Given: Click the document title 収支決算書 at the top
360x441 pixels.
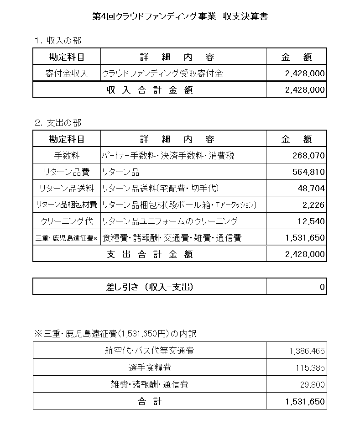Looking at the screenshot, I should (180, 17).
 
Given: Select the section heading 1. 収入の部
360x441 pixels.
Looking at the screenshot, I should (58, 41).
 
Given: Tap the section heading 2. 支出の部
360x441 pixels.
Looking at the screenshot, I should (58, 123).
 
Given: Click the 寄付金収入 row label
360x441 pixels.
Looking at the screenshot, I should (67, 73).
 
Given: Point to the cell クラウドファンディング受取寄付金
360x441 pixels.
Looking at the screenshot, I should (162, 73).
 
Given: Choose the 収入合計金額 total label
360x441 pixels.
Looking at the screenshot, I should (150, 90).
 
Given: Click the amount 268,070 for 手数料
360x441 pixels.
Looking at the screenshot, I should (308, 156).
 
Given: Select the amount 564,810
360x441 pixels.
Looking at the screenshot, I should (308, 172).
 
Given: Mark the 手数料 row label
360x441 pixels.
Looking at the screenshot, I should (67, 156).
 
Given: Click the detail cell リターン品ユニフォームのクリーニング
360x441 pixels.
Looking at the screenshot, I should (170, 221).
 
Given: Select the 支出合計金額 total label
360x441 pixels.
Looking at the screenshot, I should (150, 254).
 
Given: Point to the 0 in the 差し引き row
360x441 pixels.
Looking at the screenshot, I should (322, 287).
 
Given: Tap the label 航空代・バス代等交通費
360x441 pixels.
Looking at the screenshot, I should (150, 351).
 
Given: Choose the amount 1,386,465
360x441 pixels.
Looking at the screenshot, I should (307, 351).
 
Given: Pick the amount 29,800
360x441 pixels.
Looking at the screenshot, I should (312, 384).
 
